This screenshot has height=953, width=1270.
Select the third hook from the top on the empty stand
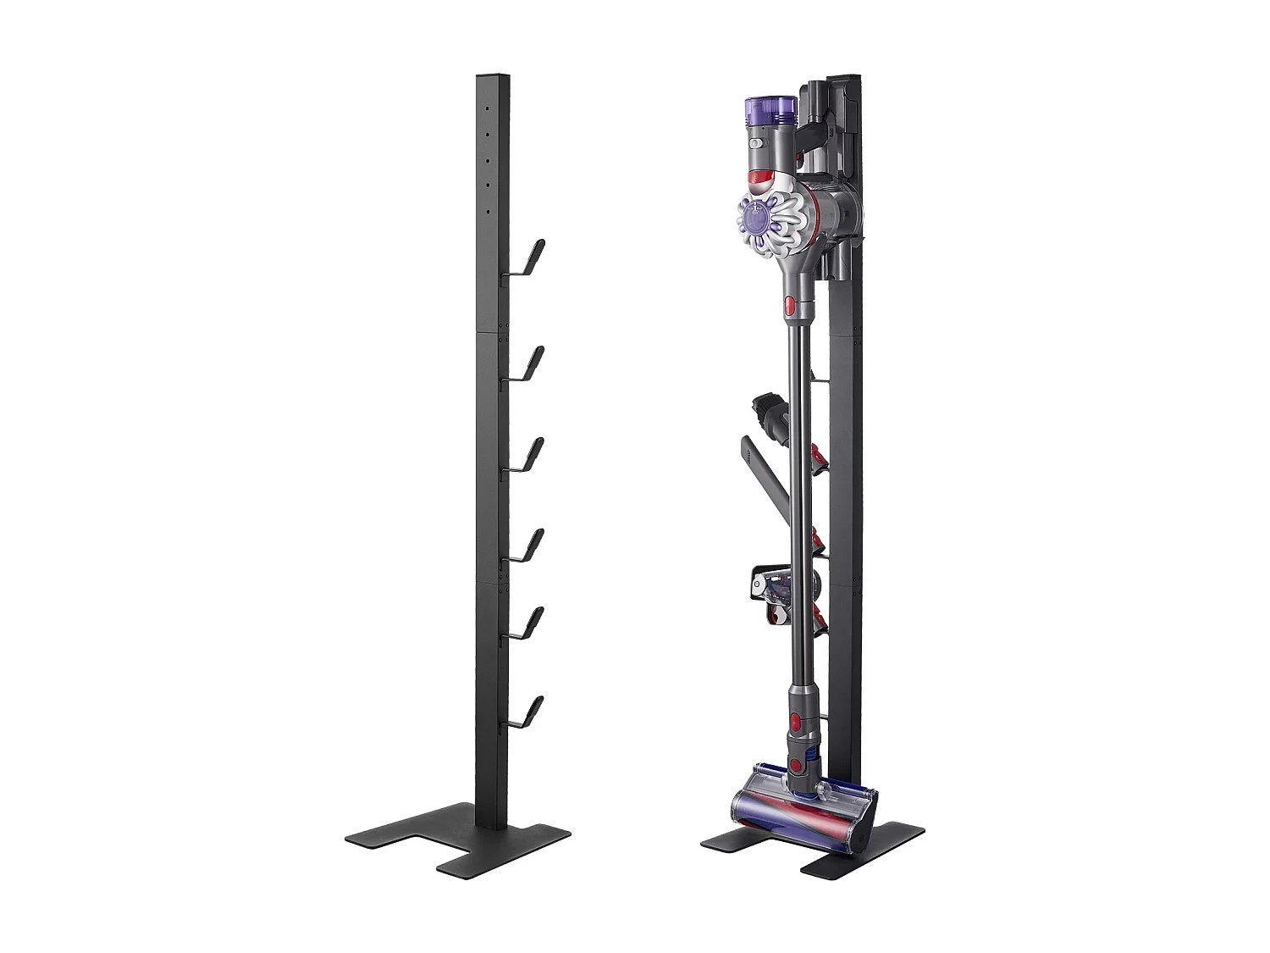click(530, 456)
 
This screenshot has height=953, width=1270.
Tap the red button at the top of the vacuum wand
click(790, 307)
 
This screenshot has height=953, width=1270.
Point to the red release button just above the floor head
click(795, 723)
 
